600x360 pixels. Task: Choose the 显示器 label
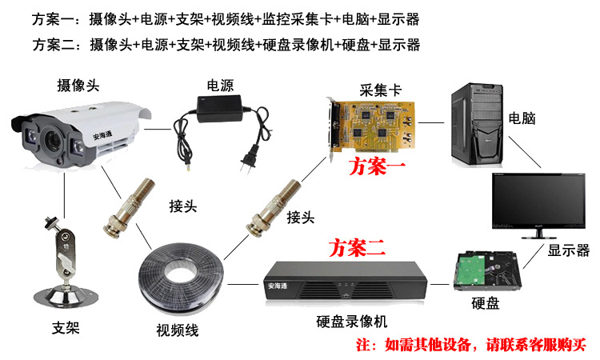coord(569,250)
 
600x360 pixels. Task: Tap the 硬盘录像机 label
coord(352,322)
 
